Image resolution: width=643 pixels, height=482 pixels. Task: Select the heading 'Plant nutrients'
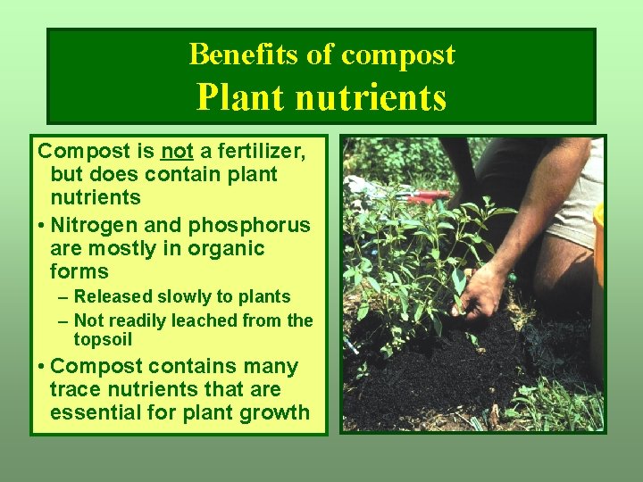pyautogui.click(x=321, y=97)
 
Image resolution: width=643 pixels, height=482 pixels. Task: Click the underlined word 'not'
pyautogui.click(x=178, y=151)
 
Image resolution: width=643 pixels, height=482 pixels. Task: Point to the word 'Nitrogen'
pyautogui.click(x=97, y=225)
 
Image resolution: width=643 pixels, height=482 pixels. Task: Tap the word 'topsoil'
pyautogui.click(x=104, y=339)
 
